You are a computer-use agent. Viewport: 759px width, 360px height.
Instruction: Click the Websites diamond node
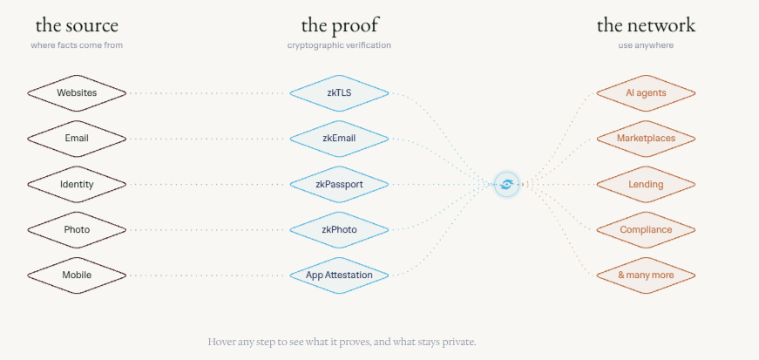[77, 93]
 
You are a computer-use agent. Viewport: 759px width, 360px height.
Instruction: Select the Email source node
[77, 139]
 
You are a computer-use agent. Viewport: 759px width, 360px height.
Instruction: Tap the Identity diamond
[77, 184]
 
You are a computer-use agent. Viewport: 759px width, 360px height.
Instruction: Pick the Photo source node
[77, 229]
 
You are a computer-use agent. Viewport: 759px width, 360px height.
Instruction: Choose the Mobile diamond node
[77, 275]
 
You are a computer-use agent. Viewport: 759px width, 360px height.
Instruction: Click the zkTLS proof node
[339, 93]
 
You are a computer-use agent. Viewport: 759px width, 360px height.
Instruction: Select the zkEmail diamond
[339, 139]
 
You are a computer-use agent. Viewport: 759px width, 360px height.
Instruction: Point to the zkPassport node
[339, 184]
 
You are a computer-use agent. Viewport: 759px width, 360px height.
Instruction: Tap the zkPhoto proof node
[339, 229]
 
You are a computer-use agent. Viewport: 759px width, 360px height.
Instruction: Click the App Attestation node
[339, 275]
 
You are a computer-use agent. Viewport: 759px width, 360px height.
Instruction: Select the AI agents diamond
[646, 93]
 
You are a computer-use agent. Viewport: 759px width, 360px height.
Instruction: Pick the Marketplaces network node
[646, 139]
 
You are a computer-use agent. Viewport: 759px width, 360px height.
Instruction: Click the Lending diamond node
[646, 184]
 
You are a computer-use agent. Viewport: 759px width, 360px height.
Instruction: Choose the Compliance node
[646, 229]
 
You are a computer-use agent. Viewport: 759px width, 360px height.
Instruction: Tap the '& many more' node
[646, 275]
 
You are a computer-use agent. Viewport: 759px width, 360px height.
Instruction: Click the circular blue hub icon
[506, 184]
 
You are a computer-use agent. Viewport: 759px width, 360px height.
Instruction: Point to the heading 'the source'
[77, 25]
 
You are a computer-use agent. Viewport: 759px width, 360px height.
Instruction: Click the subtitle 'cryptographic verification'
[339, 45]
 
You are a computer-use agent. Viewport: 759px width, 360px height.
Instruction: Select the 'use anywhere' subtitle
[646, 45]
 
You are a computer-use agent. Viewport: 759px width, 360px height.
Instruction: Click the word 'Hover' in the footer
[221, 342]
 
